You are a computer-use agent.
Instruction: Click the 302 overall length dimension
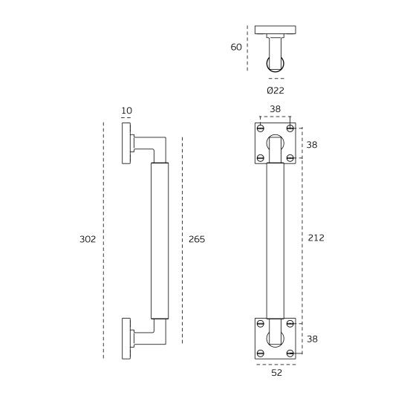coord(88,239)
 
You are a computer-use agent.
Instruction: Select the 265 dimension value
coord(197,239)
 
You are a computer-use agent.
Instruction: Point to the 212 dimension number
coord(316,238)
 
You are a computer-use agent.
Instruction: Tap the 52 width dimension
coord(276,373)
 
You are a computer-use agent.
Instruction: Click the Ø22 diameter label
coord(276,91)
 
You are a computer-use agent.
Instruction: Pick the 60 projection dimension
coord(236,47)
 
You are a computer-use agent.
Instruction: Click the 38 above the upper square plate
coord(276,108)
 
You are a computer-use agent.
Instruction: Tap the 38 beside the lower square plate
coord(312,339)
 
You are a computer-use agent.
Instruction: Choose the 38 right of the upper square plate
coord(312,145)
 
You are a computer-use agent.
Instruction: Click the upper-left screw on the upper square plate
coord(261,129)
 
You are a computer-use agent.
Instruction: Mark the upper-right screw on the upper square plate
coord(290,129)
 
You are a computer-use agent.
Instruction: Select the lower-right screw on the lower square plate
coord(290,352)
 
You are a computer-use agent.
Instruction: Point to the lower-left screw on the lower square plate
coord(261,352)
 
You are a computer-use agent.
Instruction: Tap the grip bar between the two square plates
coord(276,239)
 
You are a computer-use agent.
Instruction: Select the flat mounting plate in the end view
coord(276,30)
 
